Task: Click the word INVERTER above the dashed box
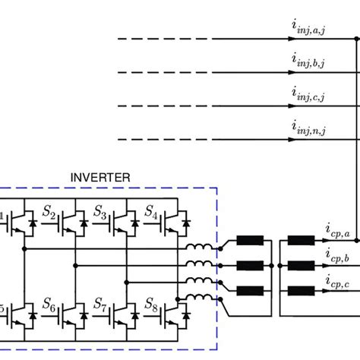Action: click(x=100, y=178)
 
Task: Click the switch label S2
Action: click(x=49, y=210)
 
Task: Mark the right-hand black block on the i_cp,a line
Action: click(x=302, y=242)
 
